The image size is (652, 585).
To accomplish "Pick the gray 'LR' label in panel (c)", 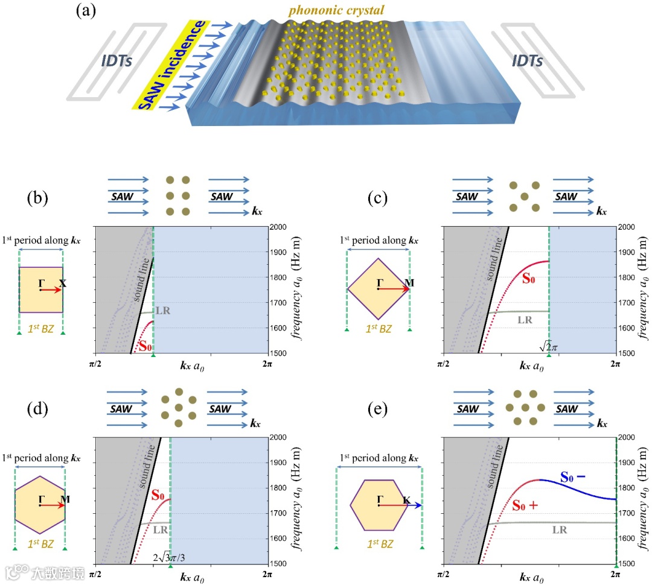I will (525, 320).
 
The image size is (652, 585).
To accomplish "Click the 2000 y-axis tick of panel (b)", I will (282, 227).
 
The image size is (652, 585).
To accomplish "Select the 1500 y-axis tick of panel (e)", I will (628, 563).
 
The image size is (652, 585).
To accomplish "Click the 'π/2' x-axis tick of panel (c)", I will (444, 364).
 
